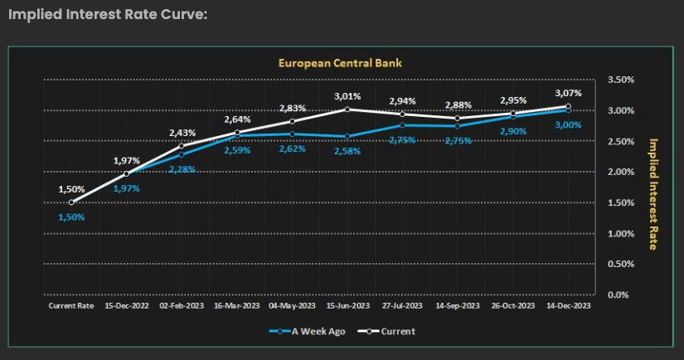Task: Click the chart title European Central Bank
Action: [339, 62]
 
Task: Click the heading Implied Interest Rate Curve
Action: [107, 14]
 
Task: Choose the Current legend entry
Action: [388, 331]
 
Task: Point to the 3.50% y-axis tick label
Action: [620, 80]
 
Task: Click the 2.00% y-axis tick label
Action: [620, 172]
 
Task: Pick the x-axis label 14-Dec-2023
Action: [568, 305]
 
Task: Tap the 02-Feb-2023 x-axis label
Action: [182, 305]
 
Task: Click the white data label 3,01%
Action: [347, 96]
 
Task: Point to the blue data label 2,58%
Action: [347, 152]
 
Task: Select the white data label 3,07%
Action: [568, 93]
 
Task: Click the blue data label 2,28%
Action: [182, 169]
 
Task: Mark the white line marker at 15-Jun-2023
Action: [347, 109]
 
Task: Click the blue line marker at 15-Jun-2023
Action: [347, 136]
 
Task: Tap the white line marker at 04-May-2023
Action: [292, 120]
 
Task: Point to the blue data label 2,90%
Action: [512, 131]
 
